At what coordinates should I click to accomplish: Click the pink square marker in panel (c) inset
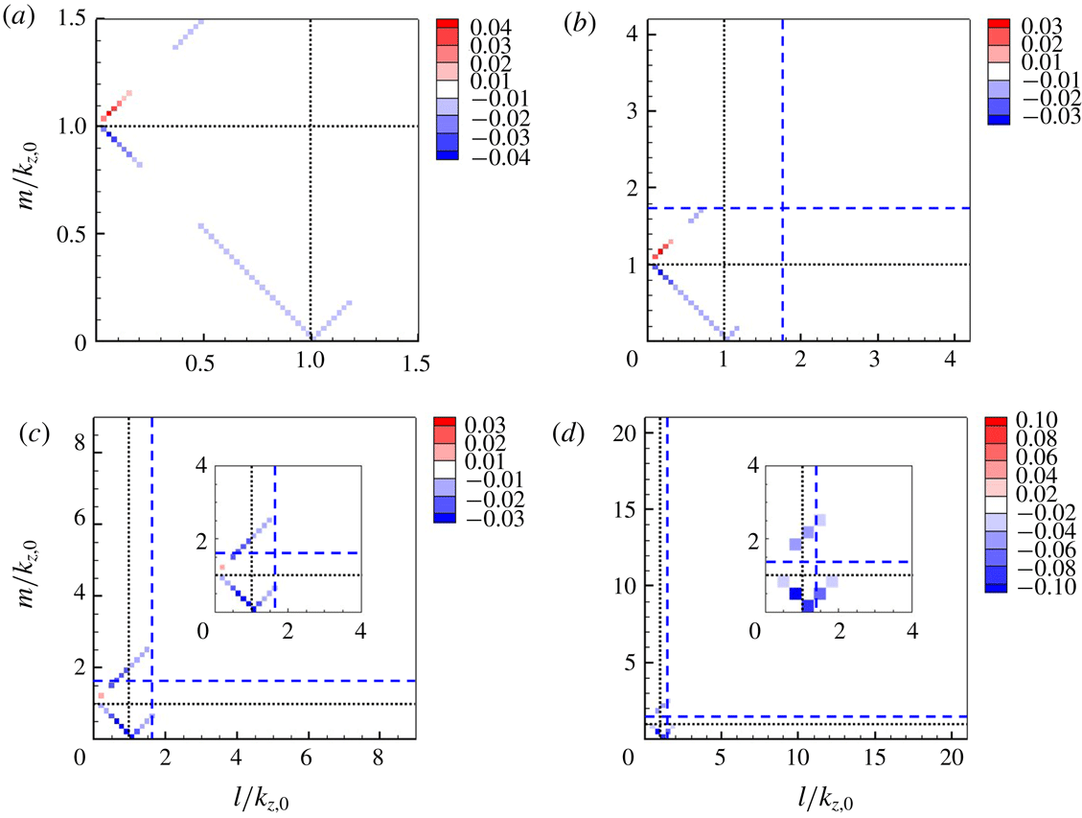(222, 568)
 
